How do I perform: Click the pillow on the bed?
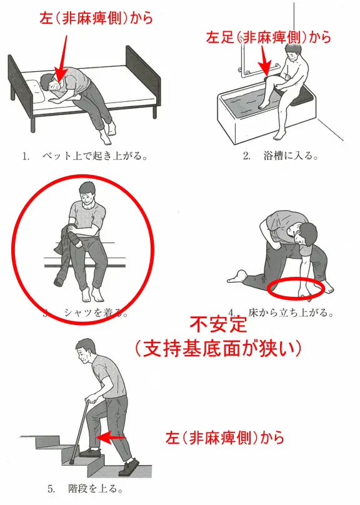36,91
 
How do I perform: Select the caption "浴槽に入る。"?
291,156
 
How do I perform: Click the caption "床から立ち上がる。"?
291,312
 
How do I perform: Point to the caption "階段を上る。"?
96,489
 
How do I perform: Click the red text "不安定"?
218,324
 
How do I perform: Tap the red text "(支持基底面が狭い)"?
218,348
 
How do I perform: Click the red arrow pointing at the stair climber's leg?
111,437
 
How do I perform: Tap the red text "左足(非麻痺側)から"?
268,37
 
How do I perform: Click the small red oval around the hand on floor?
295,289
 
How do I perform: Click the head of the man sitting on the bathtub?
294,52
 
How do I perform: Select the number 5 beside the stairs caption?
51,489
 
